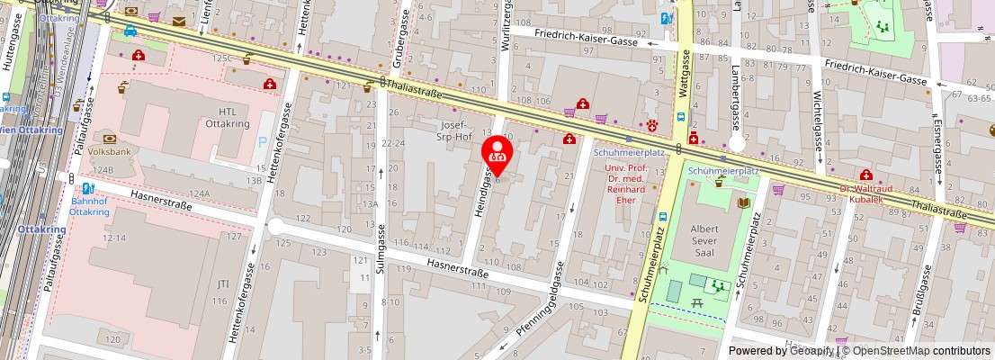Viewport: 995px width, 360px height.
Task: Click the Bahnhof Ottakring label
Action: (89, 206)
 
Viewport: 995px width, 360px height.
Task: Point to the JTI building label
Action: (222, 283)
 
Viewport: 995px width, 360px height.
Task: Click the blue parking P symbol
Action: (262, 142)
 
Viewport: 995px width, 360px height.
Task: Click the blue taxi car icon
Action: (130, 31)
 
